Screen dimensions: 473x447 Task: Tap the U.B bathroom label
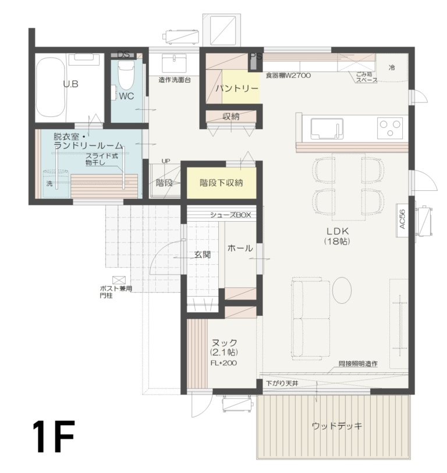point(70,84)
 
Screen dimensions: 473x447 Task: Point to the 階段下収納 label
point(221,183)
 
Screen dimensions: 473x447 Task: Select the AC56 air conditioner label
point(402,219)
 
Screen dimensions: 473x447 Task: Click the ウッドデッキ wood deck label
point(337,426)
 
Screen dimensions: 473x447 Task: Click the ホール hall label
point(240,248)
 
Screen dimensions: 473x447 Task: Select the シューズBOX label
point(230,215)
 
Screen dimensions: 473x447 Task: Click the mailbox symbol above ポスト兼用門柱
point(119,280)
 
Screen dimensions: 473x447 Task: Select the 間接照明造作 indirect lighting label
point(358,364)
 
